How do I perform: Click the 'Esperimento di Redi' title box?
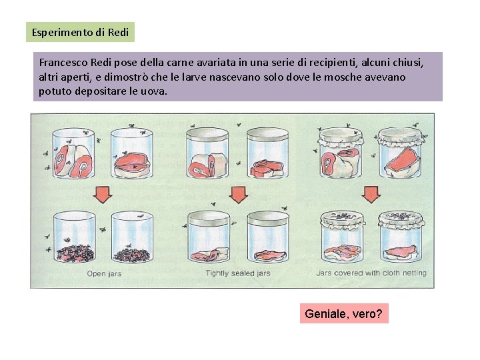click(80, 32)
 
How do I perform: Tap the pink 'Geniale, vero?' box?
click(344, 313)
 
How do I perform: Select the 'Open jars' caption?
click(104, 273)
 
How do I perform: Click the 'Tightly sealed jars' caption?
click(238, 273)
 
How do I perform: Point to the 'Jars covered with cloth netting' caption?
click(371, 273)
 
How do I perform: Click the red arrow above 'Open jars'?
click(103, 195)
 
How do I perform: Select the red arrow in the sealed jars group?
click(239, 195)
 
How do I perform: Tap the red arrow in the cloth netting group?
click(371, 195)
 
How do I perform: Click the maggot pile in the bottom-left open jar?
click(75, 253)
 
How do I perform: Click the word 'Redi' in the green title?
click(118, 32)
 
